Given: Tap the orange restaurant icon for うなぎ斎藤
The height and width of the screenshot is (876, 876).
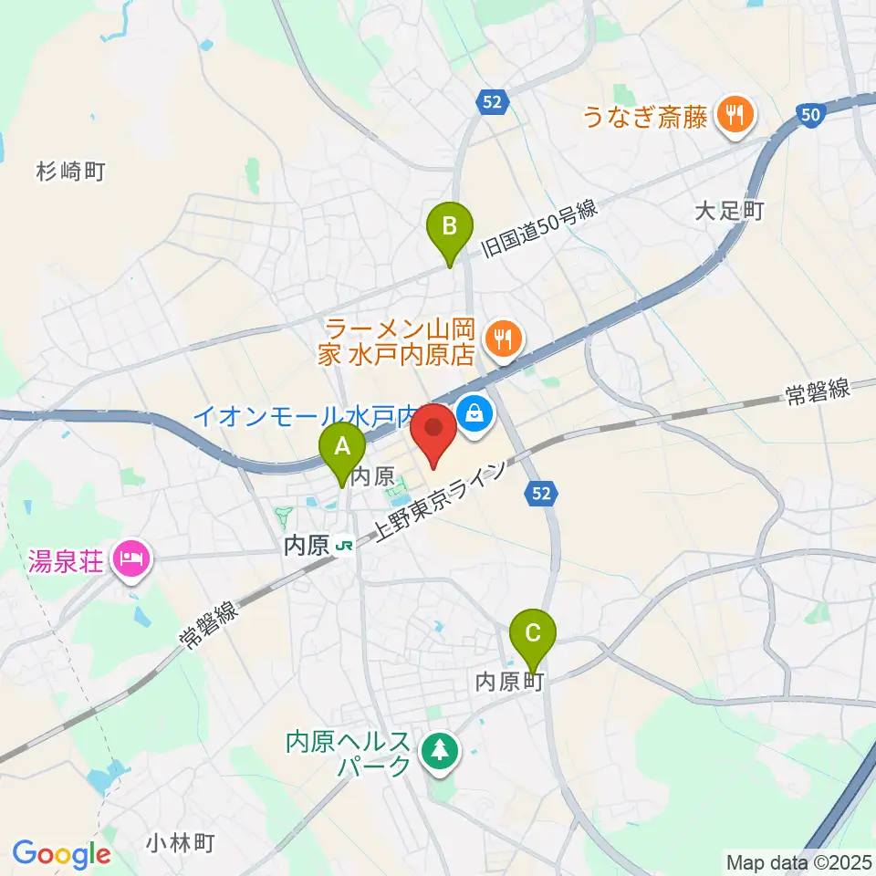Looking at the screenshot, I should [x=735, y=114].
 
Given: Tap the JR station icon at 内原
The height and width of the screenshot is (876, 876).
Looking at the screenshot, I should [x=344, y=546].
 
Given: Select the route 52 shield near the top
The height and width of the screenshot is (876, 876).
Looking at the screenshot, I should [x=491, y=103].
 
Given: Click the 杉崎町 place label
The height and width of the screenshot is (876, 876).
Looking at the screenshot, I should [x=72, y=170].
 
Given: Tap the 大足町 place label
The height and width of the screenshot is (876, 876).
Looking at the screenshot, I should [x=727, y=212].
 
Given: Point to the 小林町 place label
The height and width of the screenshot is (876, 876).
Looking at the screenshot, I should [x=179, y=841].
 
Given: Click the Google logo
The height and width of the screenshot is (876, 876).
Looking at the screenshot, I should [x=61, y=854].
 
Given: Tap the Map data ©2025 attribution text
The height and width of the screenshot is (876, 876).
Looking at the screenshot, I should [x=798, y=860].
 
